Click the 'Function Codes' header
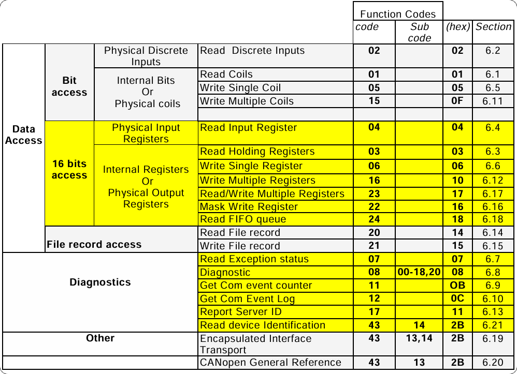tap(397, 14)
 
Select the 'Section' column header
tap(493, 27)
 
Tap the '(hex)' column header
tap(457, 27)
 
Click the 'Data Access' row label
tap(24, 134)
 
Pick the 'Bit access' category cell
tap(69, 86)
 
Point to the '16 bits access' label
tap(69, 170)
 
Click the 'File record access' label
tap(94, 244)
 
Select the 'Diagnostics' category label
tap(100, 282)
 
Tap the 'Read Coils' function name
tap(226, 74)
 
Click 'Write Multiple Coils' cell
tap(247, 101)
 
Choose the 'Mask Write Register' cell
tap(249, 207)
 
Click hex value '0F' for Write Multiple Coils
tap(457, 101)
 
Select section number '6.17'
tap(493, 194)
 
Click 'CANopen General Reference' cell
tap(270, 363)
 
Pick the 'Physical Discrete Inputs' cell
tap(146, 56)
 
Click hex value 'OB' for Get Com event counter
tap(457, 285)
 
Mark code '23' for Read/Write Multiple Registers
tap(374, 194)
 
